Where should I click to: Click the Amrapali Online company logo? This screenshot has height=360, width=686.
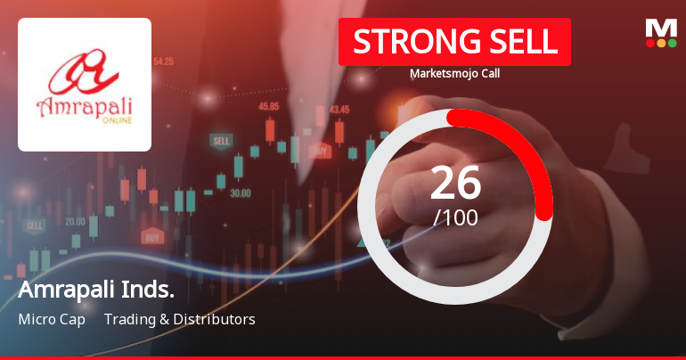point(85,85)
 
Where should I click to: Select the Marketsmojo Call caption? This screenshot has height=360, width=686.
point(454,74)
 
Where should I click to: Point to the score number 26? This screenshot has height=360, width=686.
point(455,183)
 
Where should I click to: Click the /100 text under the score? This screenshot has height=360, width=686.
point(455,217)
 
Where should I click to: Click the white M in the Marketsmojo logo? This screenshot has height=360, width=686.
point(661,28)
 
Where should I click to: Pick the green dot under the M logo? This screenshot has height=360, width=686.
point(673,43)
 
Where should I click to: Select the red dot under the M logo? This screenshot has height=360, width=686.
point(649,43)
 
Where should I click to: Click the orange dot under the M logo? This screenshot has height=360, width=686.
point(661,43)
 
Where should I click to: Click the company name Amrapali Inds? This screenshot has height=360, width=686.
point(96,290)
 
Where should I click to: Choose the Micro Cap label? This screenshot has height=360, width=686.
point(52,319)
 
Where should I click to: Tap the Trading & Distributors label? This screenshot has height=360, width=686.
point(179,319)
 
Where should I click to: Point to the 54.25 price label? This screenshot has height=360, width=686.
point(163,61)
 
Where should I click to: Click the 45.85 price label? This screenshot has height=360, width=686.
point(268,106)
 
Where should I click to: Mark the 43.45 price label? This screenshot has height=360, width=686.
point(339,110)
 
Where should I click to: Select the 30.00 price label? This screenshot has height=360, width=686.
point(240,192)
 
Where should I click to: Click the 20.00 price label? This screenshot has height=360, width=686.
point(75,221)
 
